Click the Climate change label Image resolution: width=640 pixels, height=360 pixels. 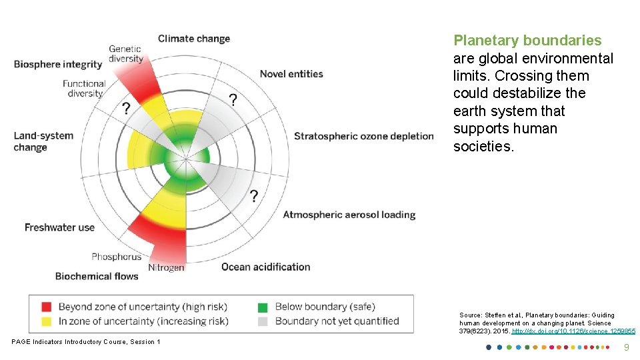pos(193,39)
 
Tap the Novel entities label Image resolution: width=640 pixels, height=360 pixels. pos(291,74)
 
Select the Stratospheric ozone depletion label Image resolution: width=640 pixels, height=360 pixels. pos(363,137)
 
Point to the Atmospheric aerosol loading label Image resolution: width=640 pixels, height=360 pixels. pos(349,215)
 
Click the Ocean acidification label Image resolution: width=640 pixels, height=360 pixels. pos(265,267)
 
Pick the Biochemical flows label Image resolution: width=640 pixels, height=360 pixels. pos(97,276)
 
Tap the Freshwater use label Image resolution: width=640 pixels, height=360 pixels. pos(59,227)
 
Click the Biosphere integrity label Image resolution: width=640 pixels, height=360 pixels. pos(58,65)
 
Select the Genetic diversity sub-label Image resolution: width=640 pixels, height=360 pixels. pos(126,53)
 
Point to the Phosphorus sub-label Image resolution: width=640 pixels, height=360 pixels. pos(117,257)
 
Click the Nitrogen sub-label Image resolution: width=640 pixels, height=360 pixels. pos(166,267)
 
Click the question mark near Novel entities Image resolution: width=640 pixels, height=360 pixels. pos(233,101)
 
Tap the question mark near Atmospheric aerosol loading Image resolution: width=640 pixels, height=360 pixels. pos(253,196)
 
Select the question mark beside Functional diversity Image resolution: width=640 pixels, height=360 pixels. pos(125,109)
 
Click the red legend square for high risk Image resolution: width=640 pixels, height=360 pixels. pos(46,307)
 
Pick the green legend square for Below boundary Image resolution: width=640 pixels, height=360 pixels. pos(263,307)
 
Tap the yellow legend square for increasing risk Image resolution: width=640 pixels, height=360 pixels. pos(46,321)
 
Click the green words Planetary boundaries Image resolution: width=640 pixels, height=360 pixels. pos(527,41)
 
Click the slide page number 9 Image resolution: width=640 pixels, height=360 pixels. pos(625,347)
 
